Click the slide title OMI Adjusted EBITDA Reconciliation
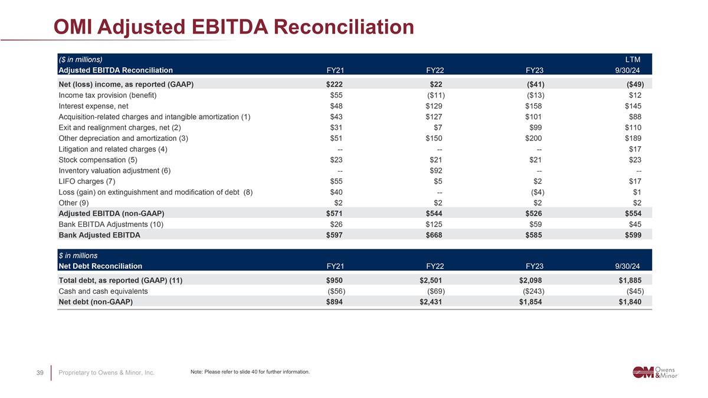(234, 27)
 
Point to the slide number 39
(41, 372)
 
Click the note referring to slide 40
(250, 371)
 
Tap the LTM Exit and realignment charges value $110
(633, 127)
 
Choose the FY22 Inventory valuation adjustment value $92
(436, 170)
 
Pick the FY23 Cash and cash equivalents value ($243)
(533, 291)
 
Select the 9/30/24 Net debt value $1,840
(630, 302)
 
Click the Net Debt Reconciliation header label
(100, 266)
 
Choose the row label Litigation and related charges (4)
(113, 149)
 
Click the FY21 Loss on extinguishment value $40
(336, 192)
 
